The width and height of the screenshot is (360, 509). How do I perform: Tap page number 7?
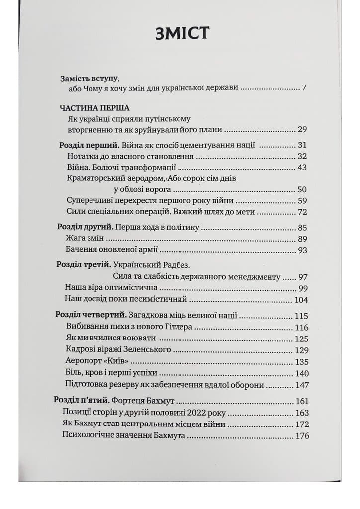point(304,89)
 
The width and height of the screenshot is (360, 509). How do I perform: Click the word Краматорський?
point(94,178)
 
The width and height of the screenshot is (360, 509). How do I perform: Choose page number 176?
point(301,436)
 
